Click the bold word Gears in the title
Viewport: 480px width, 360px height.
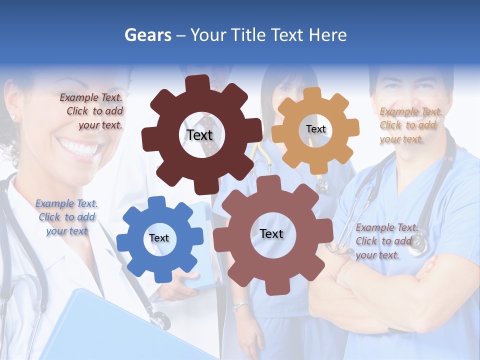[147, 35]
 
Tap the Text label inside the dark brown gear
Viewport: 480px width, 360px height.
[199, 135]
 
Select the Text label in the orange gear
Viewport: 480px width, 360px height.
[315, 129]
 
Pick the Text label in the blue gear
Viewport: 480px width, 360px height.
[159, 238]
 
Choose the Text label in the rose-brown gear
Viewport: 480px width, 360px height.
[271, 233]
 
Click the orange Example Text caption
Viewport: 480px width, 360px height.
[410, 125]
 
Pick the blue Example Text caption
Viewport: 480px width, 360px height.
[66, 217]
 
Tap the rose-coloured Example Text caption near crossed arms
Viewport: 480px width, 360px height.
[386, 241]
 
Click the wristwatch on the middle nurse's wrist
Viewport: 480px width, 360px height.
[240, 305]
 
